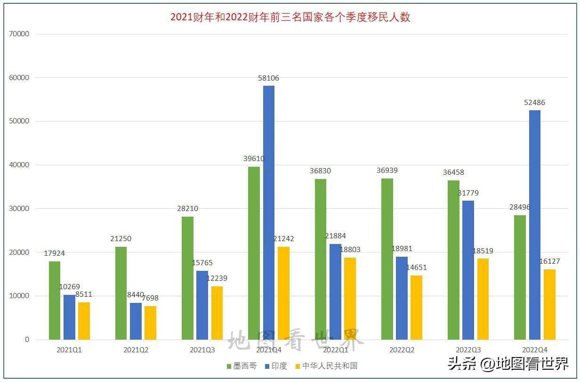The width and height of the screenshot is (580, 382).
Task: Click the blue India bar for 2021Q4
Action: coord(269,212)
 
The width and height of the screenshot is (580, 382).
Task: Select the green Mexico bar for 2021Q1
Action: coord(55,300)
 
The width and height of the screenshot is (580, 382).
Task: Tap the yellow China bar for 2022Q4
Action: coord(549,304)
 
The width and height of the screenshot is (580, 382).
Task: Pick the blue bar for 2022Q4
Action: coord(535,225)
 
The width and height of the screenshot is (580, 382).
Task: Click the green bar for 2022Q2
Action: coord(387,259)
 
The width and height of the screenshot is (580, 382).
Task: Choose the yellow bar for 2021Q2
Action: coord(150,323)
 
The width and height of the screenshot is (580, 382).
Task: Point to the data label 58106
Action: coord(268,78)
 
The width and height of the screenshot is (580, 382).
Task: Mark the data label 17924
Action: coord(55,253)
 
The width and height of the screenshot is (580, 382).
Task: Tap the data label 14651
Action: coord(417,268)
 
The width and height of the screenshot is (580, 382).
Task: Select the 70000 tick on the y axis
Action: coord(19,34)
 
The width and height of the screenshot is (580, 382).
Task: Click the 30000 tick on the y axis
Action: coord(19,209)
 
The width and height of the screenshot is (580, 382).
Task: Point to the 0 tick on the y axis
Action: coord(27,340)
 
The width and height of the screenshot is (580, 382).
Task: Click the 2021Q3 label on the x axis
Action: coord(202,350)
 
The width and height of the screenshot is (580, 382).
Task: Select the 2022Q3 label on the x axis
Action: coord(468,350)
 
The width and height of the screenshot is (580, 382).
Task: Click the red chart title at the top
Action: coord(290,17)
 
